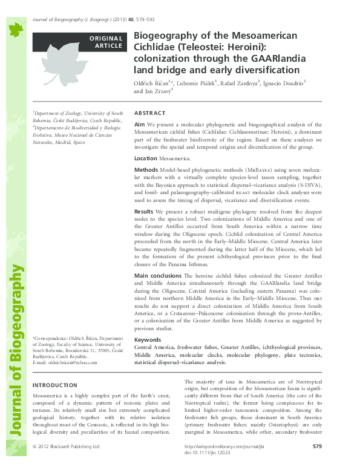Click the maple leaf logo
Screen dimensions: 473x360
(14, 28)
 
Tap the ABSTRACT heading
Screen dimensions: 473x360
(149, 113)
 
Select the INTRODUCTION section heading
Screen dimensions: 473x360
(54, 385)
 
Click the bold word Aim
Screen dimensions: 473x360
(139, 123)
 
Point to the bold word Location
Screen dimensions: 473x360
(145, 157)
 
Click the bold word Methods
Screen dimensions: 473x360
(146, 171)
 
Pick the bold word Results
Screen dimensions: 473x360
(144, 211)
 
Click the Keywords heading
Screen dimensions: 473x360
(148, 339)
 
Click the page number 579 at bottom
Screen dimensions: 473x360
(317, 463)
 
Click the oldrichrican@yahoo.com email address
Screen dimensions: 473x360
(65, 362)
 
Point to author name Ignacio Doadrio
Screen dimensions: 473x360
(284, 82)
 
